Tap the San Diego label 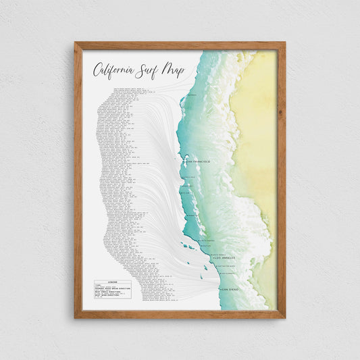pyautogui.click(x=230, y=289)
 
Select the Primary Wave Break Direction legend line pyautogui.click(x=112, y=291)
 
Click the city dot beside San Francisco pyautogui.click(x=184, y=162)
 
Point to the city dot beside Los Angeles pyautogui.click(x=213, y=257)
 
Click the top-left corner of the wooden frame pyautogui.click(x=76, y=43)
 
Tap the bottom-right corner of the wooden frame pyautogui.click(x=284, y=317)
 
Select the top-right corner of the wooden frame pyautogui.click(x=284, y=43)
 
